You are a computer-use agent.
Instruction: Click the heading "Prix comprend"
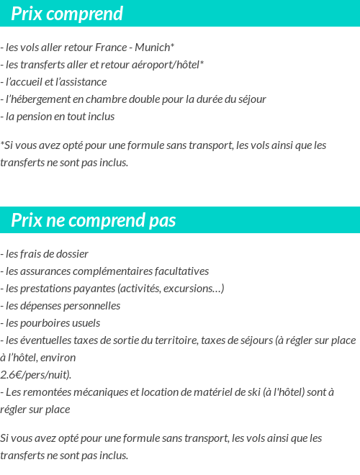[67, 14]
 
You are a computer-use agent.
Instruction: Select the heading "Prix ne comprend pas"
[94, 220]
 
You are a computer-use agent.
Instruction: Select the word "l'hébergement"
[35, 99]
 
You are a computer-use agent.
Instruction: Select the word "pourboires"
[42, 323]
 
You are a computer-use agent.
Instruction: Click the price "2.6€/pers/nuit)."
[36, 374]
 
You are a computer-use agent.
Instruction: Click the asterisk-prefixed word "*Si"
[7, 145]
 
